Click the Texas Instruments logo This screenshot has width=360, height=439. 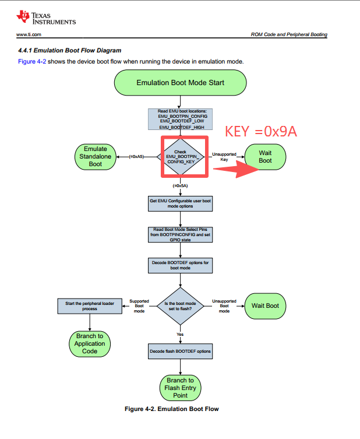(46, 18)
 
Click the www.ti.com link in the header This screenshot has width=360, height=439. (29, 34)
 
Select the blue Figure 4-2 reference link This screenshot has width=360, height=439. (32, 62)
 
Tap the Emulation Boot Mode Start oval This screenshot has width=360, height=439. (181, 83)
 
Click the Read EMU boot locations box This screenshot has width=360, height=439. (180, 120)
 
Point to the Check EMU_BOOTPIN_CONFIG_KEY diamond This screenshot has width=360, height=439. (181, 157)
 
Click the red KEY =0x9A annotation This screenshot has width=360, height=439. (261, 131)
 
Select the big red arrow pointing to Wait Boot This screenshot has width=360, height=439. (236, 169)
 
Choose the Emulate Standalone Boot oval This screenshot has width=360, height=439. (96, 157)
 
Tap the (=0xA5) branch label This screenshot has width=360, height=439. (136, 156)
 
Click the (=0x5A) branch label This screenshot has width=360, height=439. (180, 185)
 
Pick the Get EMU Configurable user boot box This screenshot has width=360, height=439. (180, 203)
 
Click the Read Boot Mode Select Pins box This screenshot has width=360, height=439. (180, 234)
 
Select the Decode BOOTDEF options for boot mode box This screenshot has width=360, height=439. (180, 265)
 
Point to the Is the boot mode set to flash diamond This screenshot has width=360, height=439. (181, 306)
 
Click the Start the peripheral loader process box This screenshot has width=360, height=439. (90, 306)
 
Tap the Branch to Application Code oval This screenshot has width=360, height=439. (90, 344)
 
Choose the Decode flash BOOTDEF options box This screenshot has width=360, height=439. (180, 352)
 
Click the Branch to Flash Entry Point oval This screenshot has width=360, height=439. (181, 388)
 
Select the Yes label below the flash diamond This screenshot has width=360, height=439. (180, 334)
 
